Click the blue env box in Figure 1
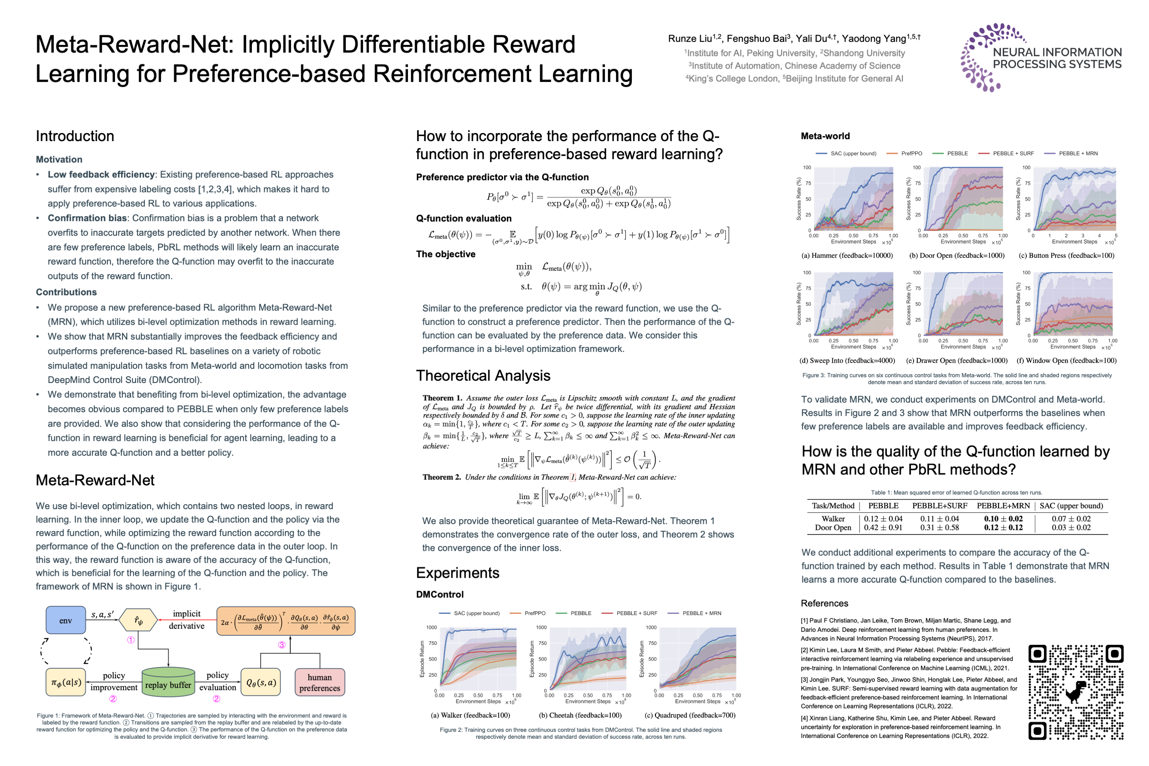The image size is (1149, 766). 66,620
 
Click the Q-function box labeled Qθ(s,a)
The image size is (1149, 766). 261,682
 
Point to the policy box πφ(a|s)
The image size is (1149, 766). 66,682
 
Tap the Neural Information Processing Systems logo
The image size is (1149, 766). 1041,58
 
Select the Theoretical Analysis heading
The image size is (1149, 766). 483,376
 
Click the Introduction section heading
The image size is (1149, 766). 75,136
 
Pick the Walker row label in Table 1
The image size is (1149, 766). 833,519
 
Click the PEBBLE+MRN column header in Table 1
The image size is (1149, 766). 1003,506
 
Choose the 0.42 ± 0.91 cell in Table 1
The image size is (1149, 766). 883,528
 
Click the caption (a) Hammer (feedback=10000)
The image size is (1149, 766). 847,255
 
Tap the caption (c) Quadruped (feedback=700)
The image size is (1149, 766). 690,715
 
